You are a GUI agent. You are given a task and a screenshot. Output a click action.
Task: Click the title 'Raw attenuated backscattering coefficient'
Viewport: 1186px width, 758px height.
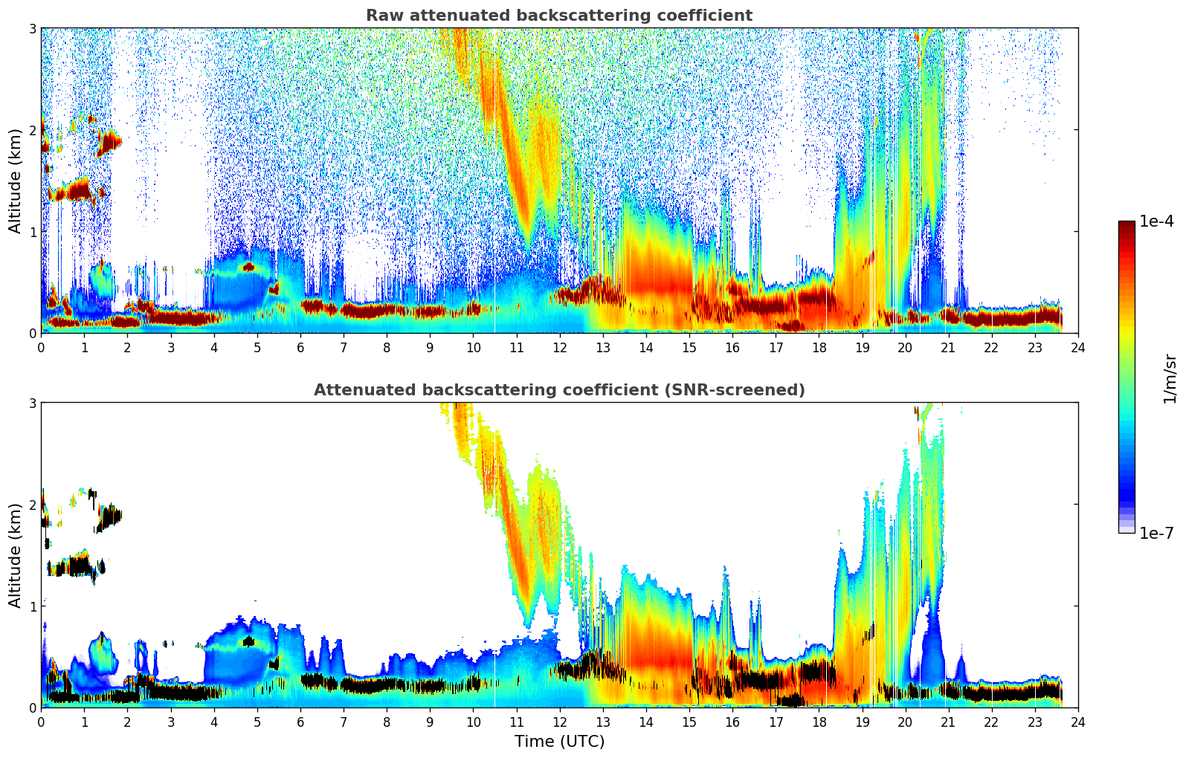(558, 16)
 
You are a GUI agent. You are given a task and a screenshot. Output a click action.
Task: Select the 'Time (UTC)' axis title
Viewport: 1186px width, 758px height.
(559, 742)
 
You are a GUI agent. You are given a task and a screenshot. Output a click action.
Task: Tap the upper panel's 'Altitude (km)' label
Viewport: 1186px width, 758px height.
(16, 181)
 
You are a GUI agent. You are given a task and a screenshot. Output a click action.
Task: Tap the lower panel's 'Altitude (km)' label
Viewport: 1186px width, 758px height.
(16, 555)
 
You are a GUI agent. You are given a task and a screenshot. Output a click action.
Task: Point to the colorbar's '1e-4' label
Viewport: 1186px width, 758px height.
(1156, 221)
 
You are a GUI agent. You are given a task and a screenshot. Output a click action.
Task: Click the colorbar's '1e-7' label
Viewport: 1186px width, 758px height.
(1156, 534)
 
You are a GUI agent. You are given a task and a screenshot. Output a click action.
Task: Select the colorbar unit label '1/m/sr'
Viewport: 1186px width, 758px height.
(1170, 379)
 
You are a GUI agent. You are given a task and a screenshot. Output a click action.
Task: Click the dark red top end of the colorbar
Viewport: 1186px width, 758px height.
(1127, 225)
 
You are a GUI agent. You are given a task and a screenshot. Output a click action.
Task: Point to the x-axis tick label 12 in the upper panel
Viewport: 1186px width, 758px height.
(559, 348)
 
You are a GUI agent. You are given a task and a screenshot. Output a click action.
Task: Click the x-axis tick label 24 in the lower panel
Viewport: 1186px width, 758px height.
(1077, 722)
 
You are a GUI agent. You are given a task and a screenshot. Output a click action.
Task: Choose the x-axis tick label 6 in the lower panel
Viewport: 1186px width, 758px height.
(300, 722)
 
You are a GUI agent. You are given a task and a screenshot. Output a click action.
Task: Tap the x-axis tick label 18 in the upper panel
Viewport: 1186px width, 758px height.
(819, 348)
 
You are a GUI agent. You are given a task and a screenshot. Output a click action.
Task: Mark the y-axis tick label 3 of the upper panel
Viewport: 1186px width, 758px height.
(33, 28)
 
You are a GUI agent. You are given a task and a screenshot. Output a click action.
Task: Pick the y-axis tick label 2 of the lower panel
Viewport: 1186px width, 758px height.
(33, 505)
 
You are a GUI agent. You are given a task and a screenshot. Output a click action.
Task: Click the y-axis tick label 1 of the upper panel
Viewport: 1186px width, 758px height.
(33, 232)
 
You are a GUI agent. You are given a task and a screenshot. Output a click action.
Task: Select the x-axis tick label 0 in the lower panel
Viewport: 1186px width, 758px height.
(41, 722)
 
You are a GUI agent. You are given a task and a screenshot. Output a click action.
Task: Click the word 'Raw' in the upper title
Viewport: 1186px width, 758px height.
(381, 16)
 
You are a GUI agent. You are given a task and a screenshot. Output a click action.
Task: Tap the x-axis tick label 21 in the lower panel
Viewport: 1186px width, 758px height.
(948, 722)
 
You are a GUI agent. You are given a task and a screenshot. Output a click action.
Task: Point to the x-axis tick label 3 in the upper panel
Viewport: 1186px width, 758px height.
(171, 348)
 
